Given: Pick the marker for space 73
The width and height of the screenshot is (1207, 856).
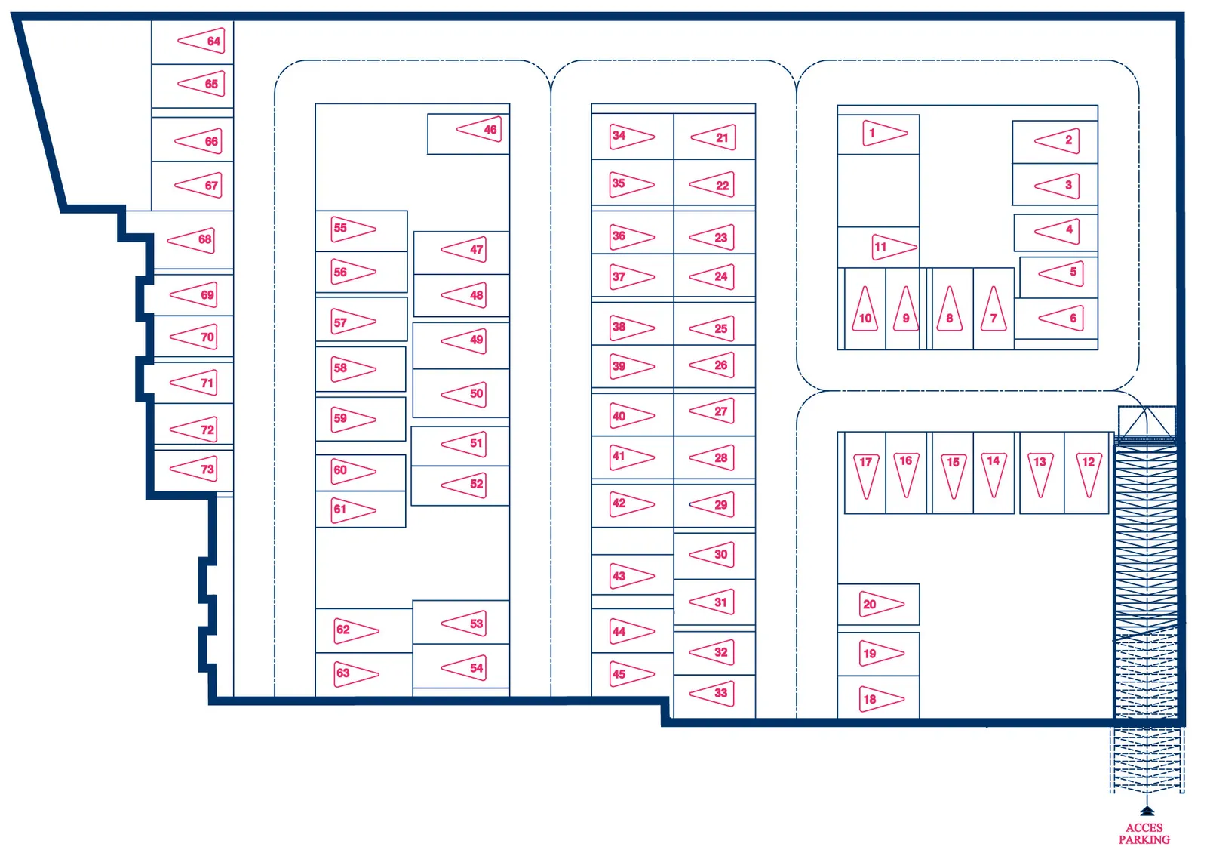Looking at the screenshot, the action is pos(194,470).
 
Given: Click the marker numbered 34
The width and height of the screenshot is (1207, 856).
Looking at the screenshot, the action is pos(631,136).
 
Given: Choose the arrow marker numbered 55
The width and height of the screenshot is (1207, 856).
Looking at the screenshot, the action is pos(353,229).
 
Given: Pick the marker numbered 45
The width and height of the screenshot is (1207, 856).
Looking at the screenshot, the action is pos(631,674).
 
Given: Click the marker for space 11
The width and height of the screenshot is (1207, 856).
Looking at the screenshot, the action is pos(895,247).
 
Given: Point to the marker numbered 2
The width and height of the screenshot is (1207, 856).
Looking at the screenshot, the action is pos(1057,140).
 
